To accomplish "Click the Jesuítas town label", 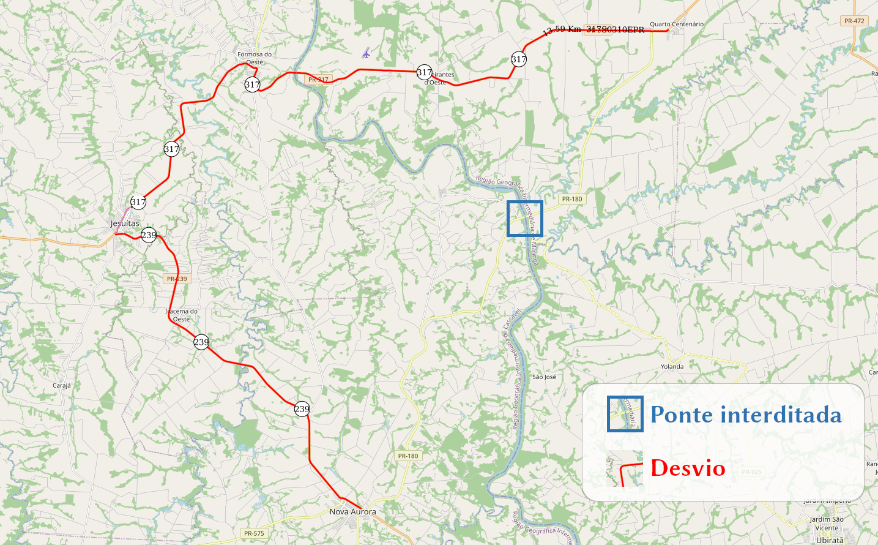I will click(125, 224).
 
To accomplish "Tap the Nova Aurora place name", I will click(352, 511).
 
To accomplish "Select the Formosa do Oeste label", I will click(255, 58).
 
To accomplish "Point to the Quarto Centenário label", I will click(676, 24).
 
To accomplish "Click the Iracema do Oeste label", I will click(181, 315).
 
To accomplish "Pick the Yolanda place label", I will click(672, 367).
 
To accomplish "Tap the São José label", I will click(544, 377).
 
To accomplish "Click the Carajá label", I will click(62, 386).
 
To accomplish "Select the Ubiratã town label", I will click(829, 540).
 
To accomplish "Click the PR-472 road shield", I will click(854, 21).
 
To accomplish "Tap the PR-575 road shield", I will click(254, 533).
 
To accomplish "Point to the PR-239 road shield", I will click(177, 279).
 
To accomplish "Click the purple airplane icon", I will click(366, 53).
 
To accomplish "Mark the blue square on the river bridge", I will click(524, 219).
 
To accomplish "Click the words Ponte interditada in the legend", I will click(746, 415).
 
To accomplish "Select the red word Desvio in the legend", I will click(688, 468).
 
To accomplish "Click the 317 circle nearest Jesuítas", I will click(138, 201).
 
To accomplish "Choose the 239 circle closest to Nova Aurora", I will click(302, 409).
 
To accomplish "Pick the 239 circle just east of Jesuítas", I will click(149, 235).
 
